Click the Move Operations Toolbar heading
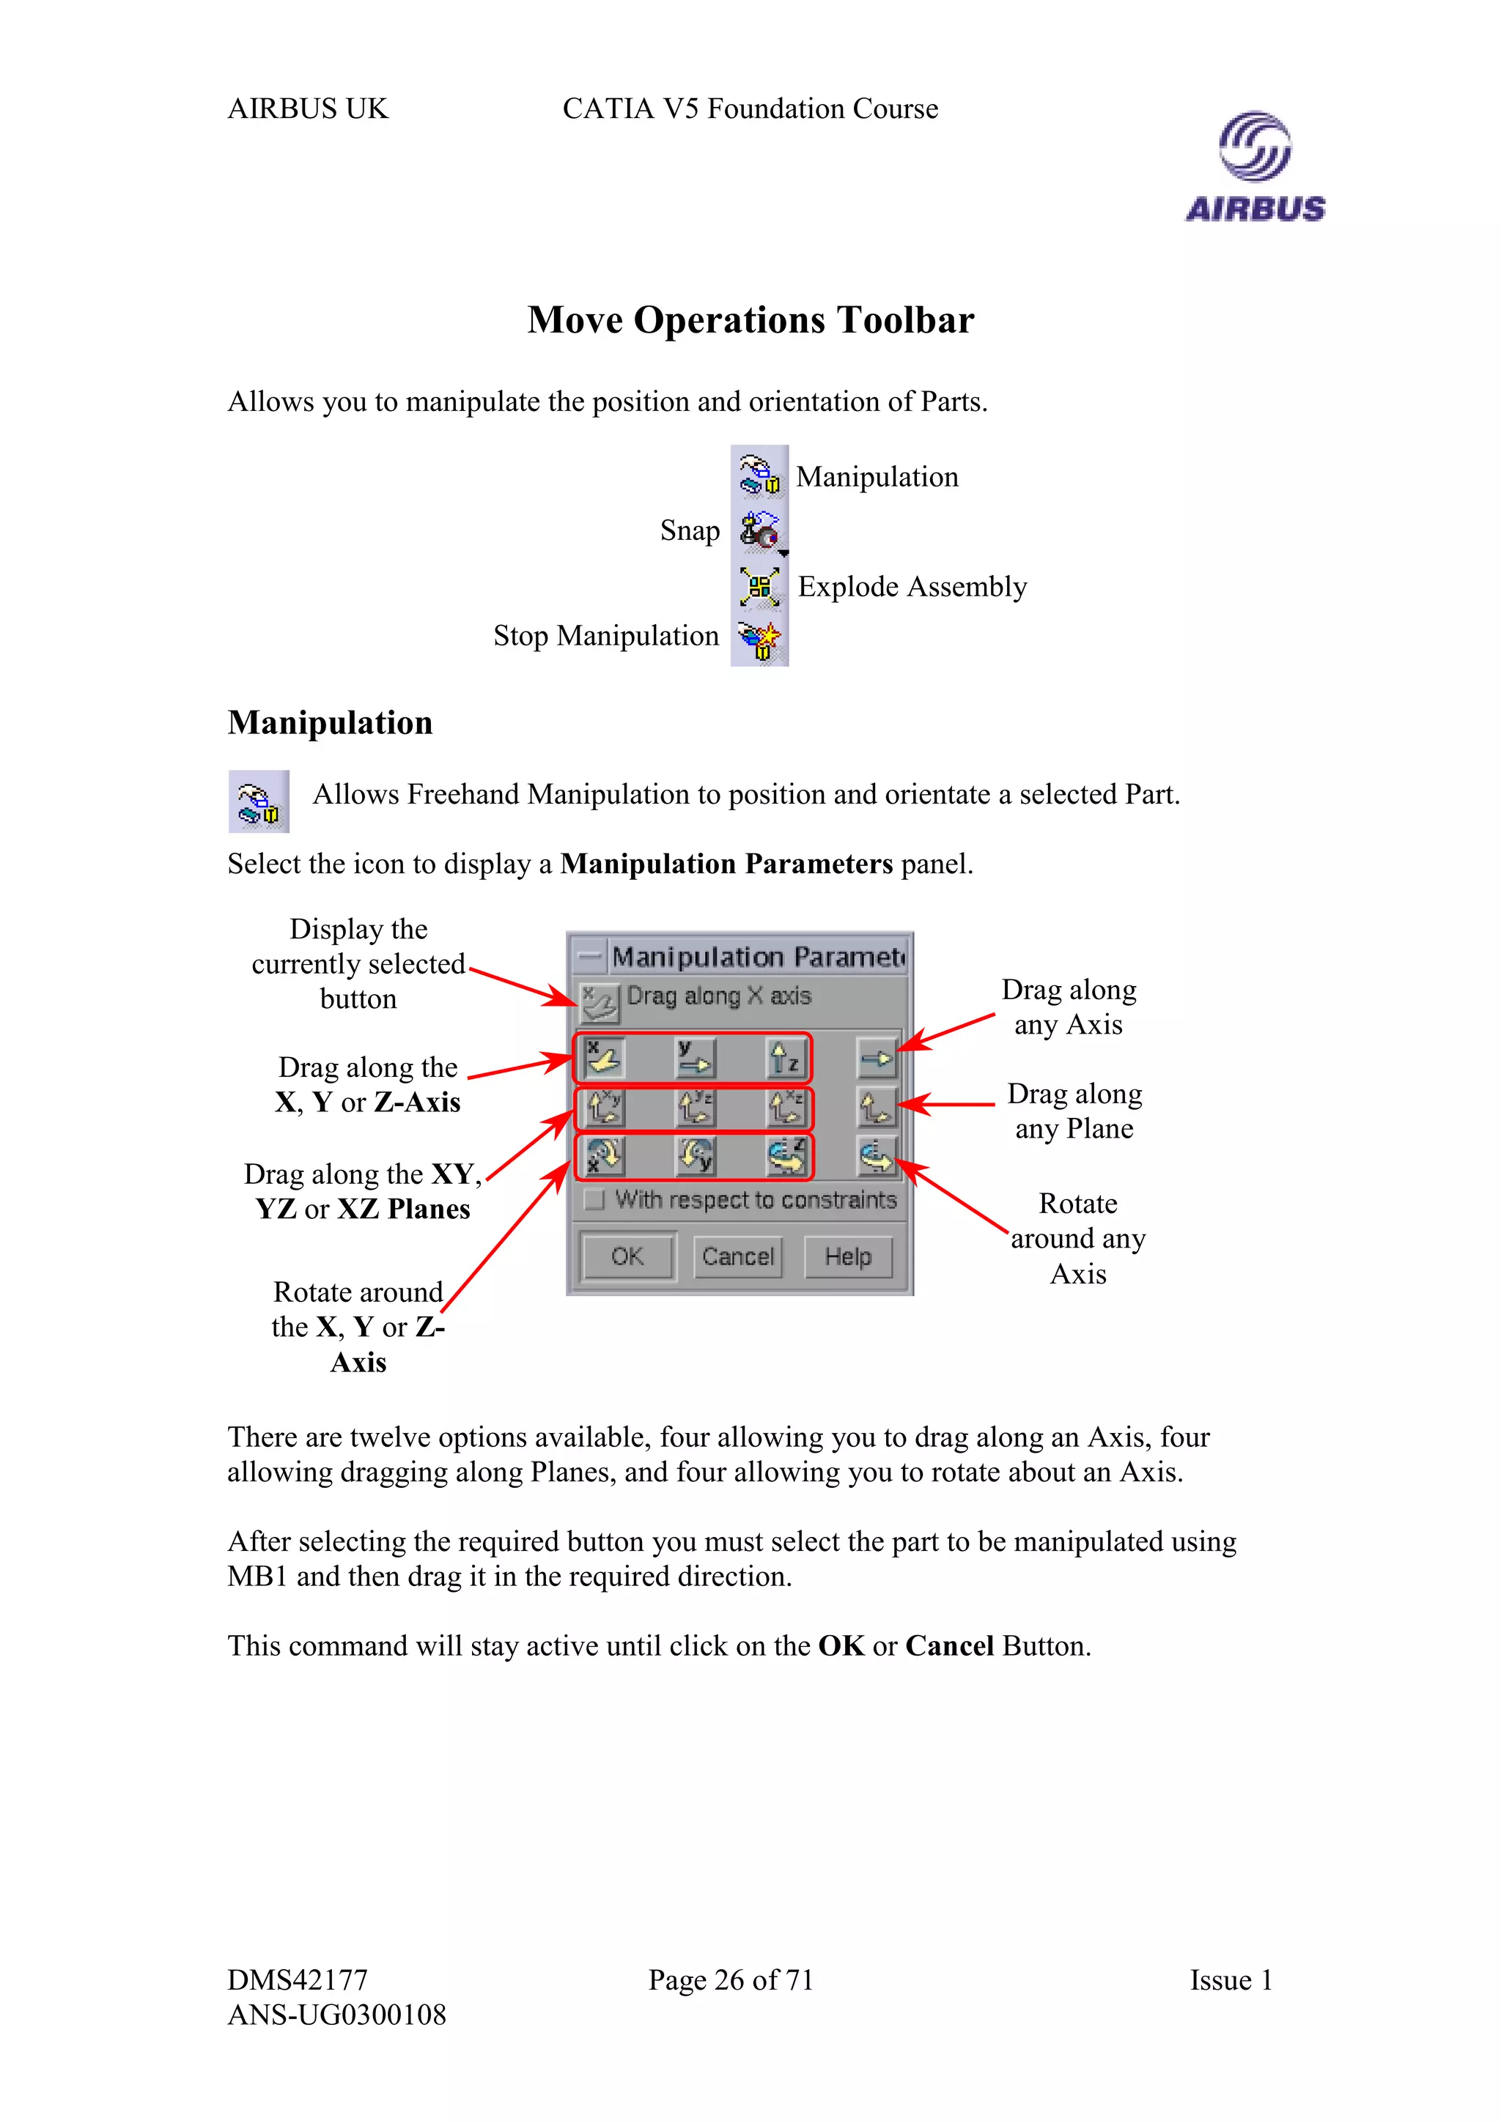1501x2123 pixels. [750, 320]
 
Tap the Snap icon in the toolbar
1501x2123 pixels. [759, 530]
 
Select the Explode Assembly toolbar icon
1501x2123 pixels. [759, 586]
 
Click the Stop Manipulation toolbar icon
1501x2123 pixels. [759, 638]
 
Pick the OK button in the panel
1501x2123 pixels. [627, 1256]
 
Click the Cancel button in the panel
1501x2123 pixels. [737, 1256]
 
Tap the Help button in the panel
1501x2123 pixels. [847, 1256]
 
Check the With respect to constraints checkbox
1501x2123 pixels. [594, 1199]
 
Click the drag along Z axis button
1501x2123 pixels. [785, 1059]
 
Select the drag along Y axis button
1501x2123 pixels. [695, 1059]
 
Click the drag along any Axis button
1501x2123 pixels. [876, 1059]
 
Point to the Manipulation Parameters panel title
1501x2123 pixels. [756, 956]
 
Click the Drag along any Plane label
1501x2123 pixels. [1074, 1111]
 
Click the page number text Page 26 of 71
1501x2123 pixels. [731, 1979]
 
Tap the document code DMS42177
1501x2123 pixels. [298, 1979]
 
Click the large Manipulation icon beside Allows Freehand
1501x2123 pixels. [259, 801]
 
